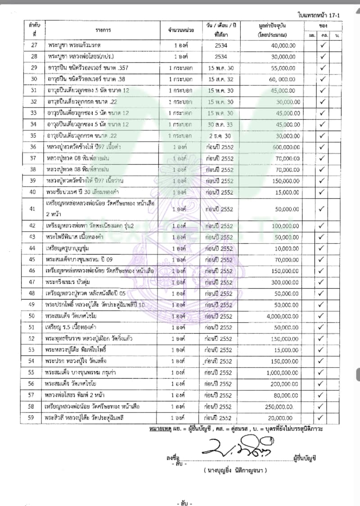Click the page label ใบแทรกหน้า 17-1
[319, 15]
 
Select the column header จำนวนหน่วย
[181, 30]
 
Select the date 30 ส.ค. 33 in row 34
[220, 125]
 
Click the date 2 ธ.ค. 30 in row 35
[220, 136]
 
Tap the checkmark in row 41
[322, 209]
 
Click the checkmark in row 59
[322, 418]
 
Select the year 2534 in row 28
[220, 56]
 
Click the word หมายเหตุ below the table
[160, 429]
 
